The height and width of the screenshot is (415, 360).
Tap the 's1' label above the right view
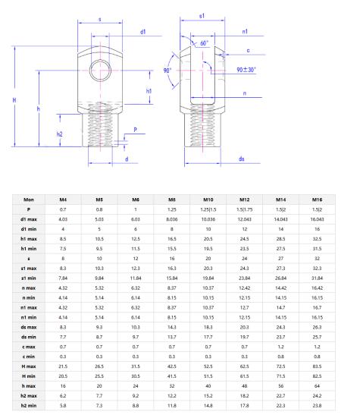(201, 15)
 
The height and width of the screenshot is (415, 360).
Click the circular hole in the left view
(99, 71)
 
